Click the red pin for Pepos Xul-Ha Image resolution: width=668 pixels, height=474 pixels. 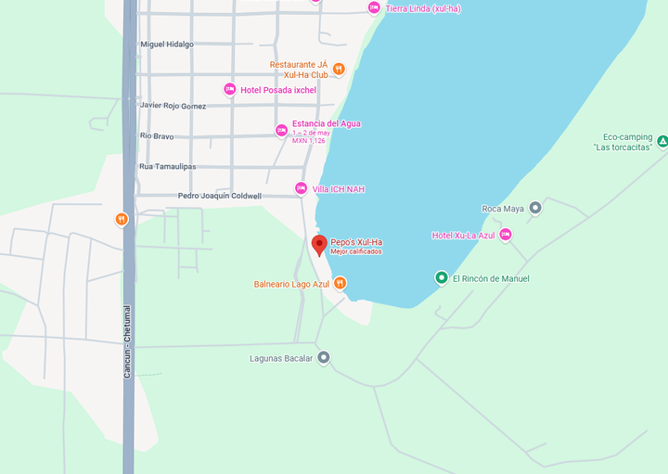(x=319, y=245)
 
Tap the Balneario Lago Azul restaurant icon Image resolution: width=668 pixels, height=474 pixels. (x=340, y=284)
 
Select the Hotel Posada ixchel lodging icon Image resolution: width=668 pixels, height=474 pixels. (x=230, y=90)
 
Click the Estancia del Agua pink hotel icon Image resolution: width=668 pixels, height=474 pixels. (x=281, y=131)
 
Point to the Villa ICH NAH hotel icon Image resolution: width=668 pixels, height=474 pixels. (x=301, y=188)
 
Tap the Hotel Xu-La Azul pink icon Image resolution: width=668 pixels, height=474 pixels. (x=506, y=235)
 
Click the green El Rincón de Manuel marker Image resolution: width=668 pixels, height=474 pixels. (x=442, y=277)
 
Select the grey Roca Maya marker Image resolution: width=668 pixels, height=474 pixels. (x=534, y=208)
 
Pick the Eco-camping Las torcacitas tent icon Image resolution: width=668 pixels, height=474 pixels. (x=662, y=142)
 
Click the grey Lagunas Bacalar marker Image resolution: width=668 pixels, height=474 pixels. (x=323, y=357)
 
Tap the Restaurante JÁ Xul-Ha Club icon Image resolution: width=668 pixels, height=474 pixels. (x=339, y=69)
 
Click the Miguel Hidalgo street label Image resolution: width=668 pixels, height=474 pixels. (x=167, y=44)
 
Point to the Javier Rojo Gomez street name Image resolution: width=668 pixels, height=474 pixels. (x=173, y=106)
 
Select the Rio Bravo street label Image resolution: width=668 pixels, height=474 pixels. (x=157, y=136)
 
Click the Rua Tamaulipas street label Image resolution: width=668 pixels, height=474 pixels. (x=168, y=167)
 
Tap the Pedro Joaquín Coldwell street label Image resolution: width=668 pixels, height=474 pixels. (x=220, y=196)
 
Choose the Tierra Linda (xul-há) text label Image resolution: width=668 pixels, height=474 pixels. (x=423, y=8)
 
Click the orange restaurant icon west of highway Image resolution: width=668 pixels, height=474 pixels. (x=122, y=219)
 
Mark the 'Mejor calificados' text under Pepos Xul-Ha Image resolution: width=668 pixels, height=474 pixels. (x=356, y=251)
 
